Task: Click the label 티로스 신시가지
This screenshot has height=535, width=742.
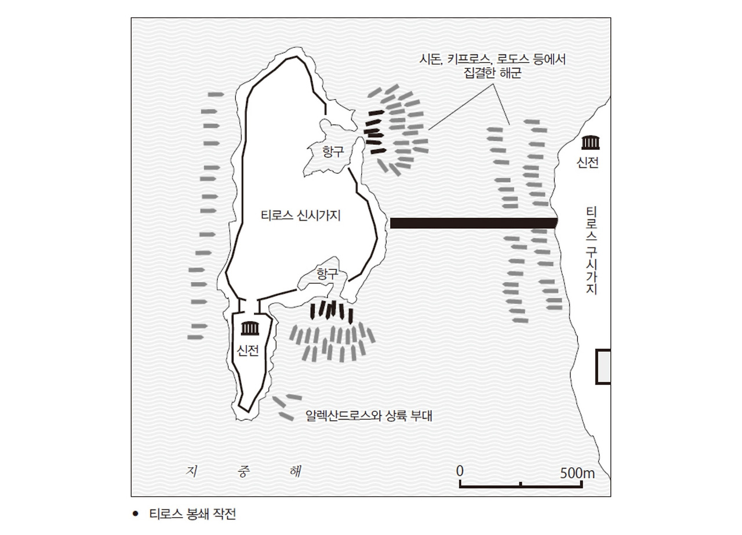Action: (x=301, y=216)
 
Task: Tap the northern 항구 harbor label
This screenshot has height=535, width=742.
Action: (x=333, y=152)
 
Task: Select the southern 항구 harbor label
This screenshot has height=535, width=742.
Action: (x=328, y=274)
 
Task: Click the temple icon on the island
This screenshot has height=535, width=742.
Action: (x=250, y=328)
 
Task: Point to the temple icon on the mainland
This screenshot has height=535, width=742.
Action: (x=590, y=142)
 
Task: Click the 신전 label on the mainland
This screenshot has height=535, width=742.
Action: (x=588, y=163)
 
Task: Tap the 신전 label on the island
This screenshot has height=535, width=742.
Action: (x=248, y=350)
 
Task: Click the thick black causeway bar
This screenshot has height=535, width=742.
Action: (x=474, y=223)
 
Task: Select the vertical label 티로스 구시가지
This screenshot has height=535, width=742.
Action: (x=591, y=251)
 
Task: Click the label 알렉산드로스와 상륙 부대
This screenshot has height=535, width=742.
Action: (x=369, y=416)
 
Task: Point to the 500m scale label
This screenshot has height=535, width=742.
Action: (x=577, y=473)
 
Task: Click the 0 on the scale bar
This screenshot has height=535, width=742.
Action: (x=460, y=471)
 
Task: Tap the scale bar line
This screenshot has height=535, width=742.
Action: (x=521, y=486)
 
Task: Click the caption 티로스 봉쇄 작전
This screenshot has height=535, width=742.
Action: (x=192, y=514)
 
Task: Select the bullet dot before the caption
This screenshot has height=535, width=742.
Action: (x=135, y=514)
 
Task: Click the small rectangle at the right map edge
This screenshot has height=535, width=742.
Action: (x=603, y=367)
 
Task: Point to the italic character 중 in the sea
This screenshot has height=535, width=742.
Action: (x=243, y=471)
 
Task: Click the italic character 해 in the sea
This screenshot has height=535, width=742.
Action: (x=295, y=471)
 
